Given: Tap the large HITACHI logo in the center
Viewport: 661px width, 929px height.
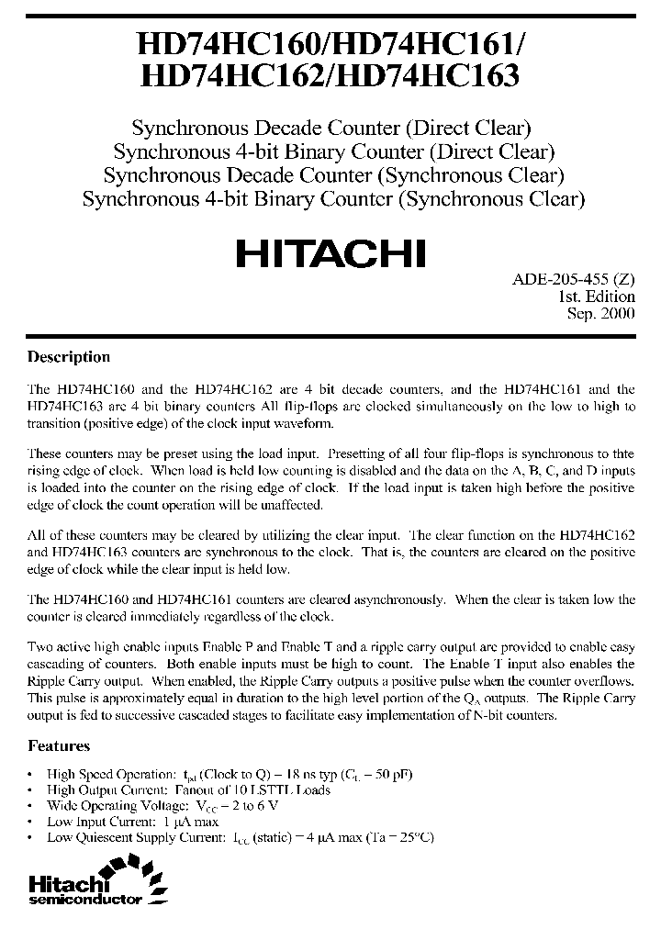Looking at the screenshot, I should [x=330, y=252].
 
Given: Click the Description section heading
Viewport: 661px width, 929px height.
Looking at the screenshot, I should [x=69, y=357].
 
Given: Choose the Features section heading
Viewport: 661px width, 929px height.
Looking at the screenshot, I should [x=59, y=746].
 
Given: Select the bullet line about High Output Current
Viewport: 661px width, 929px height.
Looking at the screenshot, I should [x=188, y=789].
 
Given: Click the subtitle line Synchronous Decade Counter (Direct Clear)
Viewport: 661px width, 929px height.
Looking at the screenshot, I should [x=331, y=128].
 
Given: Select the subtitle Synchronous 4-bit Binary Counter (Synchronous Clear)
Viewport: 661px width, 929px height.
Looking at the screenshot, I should [x=333, y=197].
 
